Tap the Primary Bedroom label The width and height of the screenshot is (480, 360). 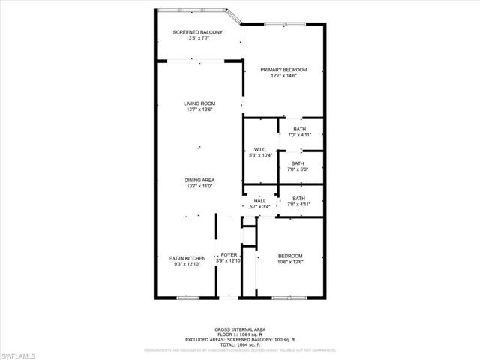pos(284,70)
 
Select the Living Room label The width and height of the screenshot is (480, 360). pos(200,103)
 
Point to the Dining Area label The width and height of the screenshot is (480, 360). pos(200,180)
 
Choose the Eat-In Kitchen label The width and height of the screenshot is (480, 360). pos(187,258)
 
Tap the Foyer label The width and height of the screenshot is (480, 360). pos(229,255)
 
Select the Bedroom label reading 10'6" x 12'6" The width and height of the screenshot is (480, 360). pos(289,255)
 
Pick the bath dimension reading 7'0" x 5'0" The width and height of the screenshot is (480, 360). pos(298,169)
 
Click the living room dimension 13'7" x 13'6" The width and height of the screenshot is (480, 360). pos(200,109)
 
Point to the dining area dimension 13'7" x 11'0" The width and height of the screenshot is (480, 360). pos(200,186)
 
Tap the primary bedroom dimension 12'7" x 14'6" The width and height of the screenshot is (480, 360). pos(284,76)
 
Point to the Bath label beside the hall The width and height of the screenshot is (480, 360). pos(298,198)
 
